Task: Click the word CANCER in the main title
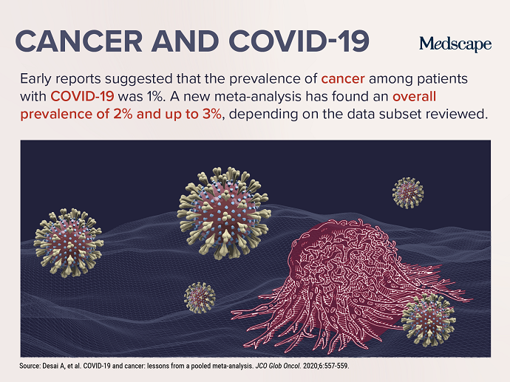click(78, 41)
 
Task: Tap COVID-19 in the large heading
click(299, 41)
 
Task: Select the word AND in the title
click(185, 41)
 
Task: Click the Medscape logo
click(455, 44)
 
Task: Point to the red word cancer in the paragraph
click(343, 79)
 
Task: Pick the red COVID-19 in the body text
click(82, 97)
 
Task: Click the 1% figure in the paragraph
click(157, 97)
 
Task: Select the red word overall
click(415, 97)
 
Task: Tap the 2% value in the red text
click(123, 114)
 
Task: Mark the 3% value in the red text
click(211, 114)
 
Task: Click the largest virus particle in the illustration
click(224, 214)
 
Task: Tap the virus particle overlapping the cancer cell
click(428, 320)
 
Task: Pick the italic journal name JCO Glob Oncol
click(278, 366)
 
